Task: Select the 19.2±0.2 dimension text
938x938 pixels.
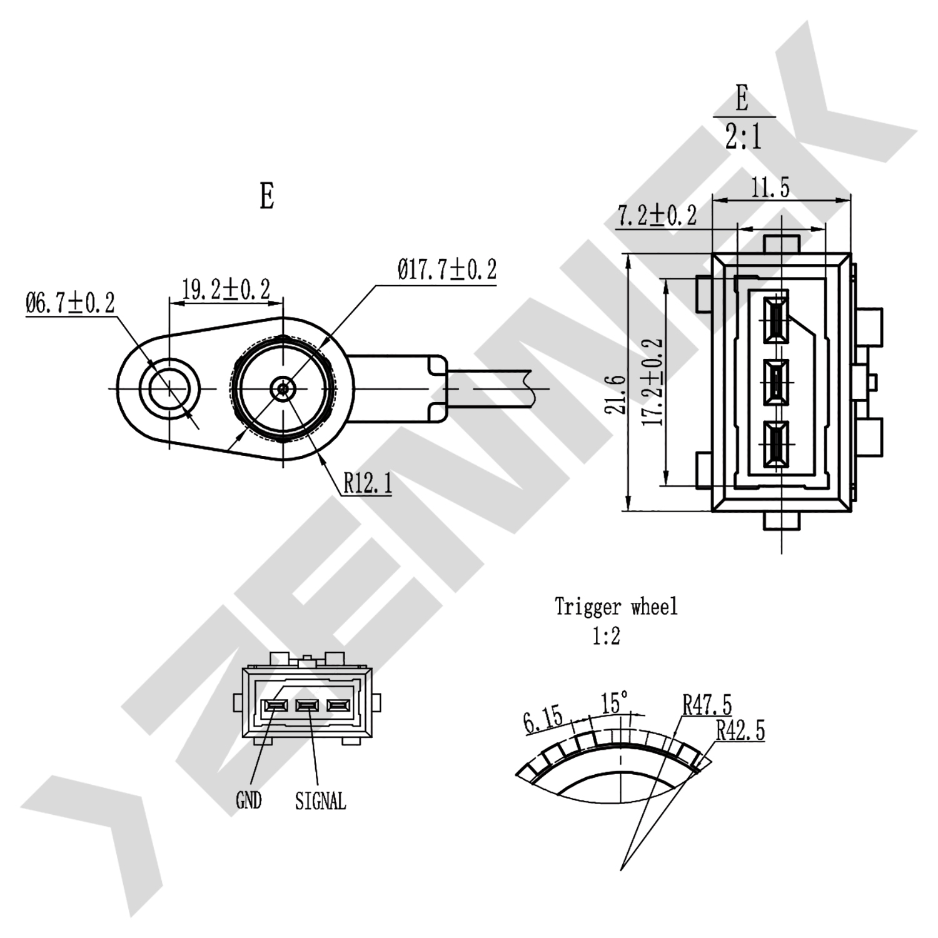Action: [226, 290]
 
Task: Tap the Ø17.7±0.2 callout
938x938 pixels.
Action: [446, 270]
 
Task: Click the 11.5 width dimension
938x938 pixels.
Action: [770, 187]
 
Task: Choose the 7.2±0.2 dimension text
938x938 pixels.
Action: [657, 215]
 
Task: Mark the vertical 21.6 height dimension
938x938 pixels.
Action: [618, 395]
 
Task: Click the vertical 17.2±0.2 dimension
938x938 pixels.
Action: [653, 382]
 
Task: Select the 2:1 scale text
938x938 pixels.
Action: [744, 137]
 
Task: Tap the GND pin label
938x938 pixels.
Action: [248, 800]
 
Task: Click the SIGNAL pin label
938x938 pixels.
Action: [320, 800]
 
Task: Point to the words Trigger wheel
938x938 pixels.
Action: [616, 606]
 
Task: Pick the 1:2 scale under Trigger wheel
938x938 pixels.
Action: [606, 637]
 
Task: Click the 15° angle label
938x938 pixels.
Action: [615, 702]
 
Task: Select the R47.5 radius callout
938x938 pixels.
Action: [707, 705]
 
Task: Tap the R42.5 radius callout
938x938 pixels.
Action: [740, 730]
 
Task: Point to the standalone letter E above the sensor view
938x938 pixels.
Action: [267, 196]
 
